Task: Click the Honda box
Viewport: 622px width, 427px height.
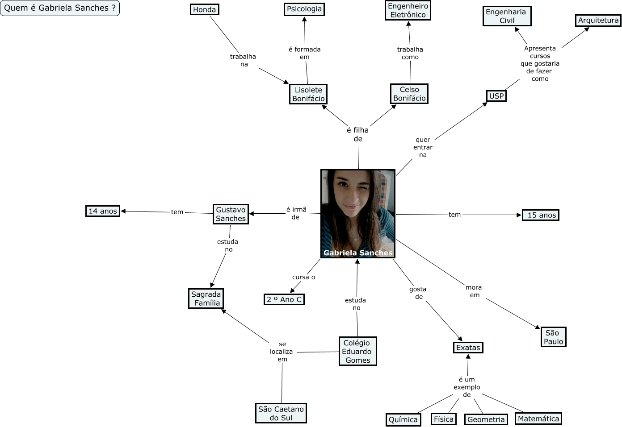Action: click(x=204, y=9)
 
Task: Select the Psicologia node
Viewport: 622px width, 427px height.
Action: click(x=304, y=9)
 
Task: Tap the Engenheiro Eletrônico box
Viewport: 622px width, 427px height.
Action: click(x=408, y=10)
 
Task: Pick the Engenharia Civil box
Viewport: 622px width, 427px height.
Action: click(x=507, y=16)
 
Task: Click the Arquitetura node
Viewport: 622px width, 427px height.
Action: click(x=598, y=20)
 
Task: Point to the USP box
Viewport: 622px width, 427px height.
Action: click(x=496, y=96)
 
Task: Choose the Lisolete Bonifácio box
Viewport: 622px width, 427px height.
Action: click(x=308, y=94)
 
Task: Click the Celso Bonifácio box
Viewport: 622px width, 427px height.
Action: click(x=409, y=94)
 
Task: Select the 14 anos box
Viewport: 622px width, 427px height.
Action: click(x=103, y=211)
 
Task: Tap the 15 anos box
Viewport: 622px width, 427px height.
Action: click(x=541, y=215)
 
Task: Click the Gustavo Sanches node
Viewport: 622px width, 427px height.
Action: click(x=231, y=214)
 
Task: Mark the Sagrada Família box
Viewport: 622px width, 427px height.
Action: click(x=206, y=298)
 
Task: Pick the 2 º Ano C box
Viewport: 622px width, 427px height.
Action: click(x=284, y=299)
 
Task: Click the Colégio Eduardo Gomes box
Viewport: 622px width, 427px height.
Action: click(x=357, y=352)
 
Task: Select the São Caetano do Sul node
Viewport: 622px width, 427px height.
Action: click(x=281, y=413)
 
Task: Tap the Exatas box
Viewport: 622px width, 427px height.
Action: click(x=468, y=348)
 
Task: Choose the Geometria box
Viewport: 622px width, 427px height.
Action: click(x=486, y=419)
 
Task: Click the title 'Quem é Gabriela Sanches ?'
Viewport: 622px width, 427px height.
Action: click(x=60, y=8)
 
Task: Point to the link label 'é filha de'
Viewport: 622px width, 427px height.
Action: click(x=358, y=134)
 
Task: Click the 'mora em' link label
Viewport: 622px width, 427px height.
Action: click(x=474, y=291)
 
